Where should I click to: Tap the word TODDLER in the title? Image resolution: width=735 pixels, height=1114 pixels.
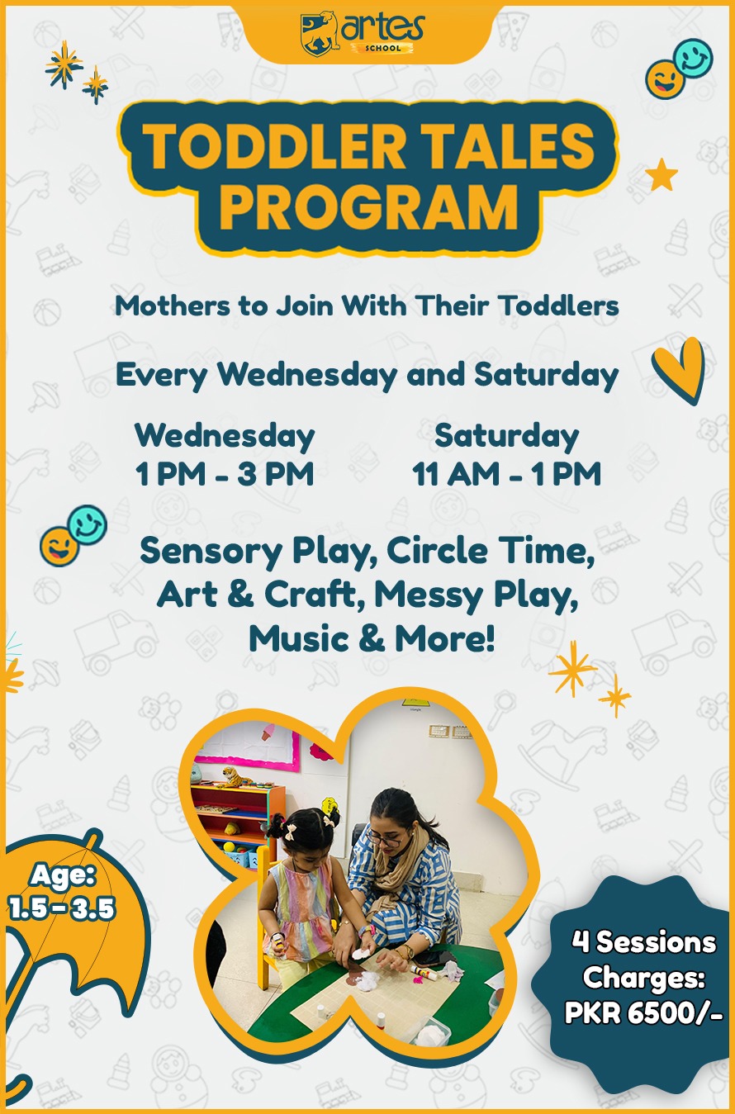(273, 146)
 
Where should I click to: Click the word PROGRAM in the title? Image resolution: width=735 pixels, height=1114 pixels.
(368, 207)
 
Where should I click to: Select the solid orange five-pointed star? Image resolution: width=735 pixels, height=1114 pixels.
(661, 174)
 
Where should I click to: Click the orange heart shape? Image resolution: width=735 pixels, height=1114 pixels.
(680, 369)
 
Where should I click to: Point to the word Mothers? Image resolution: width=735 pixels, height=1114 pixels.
(173, 306)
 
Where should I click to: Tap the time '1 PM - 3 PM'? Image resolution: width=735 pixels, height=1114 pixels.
(225, 473)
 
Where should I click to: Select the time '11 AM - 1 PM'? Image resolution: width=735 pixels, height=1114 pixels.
(506, 473)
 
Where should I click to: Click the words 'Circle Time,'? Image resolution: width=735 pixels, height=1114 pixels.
(491, 551)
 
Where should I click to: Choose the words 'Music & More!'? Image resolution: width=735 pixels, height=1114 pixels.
(372, 638)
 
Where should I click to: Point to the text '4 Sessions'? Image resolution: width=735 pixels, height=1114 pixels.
(644, 941)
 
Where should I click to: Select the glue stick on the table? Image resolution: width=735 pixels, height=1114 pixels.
(423, 972)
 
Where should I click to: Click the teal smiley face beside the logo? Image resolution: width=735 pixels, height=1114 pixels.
(693, 58)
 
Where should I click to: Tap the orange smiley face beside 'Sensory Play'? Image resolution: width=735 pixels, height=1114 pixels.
(59, 546)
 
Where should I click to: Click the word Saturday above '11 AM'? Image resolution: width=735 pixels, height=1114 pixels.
(507, 436)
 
